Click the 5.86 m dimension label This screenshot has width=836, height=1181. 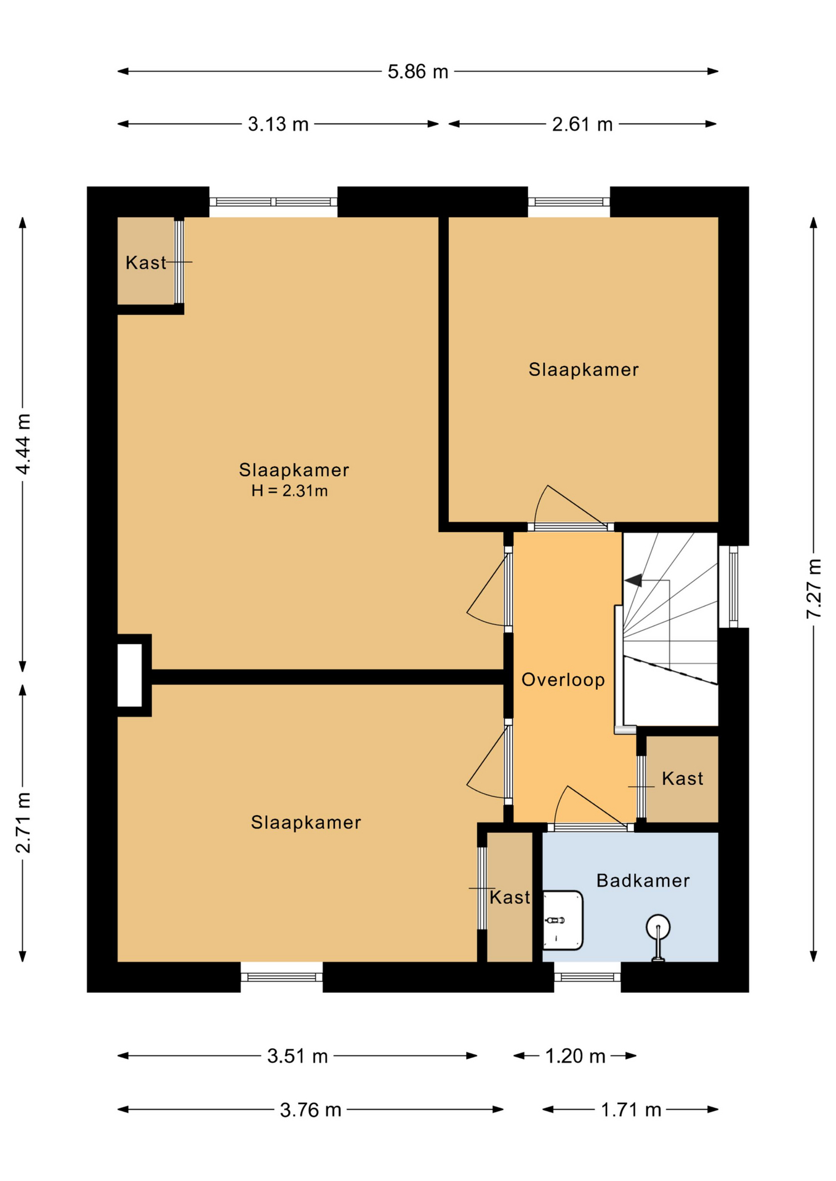point(417,72)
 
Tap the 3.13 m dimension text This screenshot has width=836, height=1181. point(278,125)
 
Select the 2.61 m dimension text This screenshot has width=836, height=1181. point(582,125)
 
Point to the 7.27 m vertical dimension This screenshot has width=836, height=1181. point(814,588)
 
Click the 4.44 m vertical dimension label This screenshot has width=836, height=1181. point(23,444)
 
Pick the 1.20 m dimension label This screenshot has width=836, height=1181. point(576,1056)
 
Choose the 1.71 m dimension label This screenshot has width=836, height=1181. point(631,1110)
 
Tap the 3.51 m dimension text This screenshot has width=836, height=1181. point(297,1056)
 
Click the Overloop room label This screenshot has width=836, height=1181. point(563,680)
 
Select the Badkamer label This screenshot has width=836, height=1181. point(643,881)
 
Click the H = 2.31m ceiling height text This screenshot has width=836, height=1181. point(289,491)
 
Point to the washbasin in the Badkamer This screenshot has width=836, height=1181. point(563,920)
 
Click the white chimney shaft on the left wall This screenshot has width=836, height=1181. point(129,675)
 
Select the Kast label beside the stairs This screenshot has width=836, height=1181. point(683,779)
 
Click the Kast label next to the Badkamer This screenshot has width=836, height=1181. point(510,897)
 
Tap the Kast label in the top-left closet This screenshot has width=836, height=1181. point(146,263)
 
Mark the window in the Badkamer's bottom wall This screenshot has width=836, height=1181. point(587,977)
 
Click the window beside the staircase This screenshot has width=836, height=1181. point(733,587)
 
